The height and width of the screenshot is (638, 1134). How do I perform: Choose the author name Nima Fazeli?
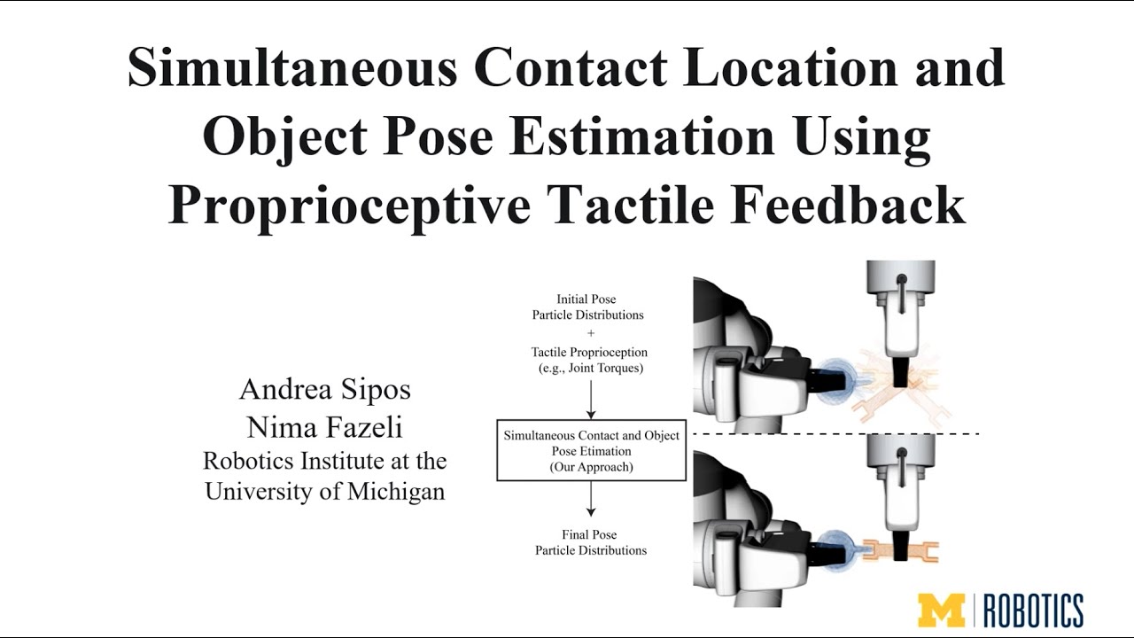(325, 427)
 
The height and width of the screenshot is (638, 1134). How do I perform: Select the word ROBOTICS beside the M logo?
(1035, 611)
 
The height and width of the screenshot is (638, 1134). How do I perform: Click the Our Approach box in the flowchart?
(591, 450)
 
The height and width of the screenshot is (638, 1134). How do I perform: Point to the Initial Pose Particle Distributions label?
(587, 307)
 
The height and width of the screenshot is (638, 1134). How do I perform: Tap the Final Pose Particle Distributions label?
(591, 542)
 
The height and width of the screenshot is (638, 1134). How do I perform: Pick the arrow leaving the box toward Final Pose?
(591, 502)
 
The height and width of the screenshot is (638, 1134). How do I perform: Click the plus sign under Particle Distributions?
(591, 333)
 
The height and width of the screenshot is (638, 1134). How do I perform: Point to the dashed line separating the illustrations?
(833, 433)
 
